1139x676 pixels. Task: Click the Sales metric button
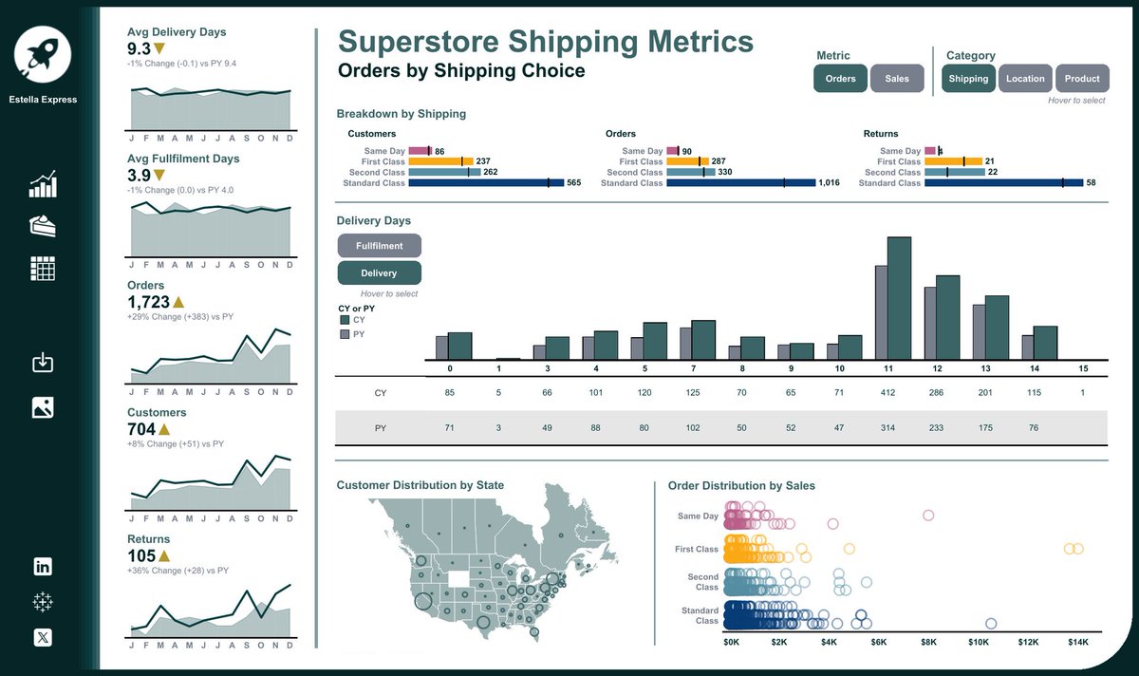coord(896,79)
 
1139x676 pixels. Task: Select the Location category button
coord(1025,79)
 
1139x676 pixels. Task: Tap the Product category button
coord(1082,79)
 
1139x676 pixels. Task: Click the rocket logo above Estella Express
coord(43,51)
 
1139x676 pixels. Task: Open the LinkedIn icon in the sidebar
coord(43,567)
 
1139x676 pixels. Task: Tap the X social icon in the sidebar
coord(43,637)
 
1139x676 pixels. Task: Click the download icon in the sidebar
coord(43,363)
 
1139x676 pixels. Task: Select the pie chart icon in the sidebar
coord(43,226)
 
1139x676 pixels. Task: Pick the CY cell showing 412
coord(888,393)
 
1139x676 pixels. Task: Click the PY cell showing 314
coord(888,428)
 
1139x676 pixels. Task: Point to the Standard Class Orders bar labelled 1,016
coord(740,182)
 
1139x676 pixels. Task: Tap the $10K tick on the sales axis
coord(979,642)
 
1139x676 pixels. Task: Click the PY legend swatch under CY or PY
coord(345,334)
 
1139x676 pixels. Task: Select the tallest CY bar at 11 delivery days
coord(899,298)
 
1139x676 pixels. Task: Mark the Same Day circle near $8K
coord(928,516)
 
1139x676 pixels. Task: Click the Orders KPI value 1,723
coord(148,303)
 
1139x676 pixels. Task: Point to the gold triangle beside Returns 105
coord(164,556)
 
